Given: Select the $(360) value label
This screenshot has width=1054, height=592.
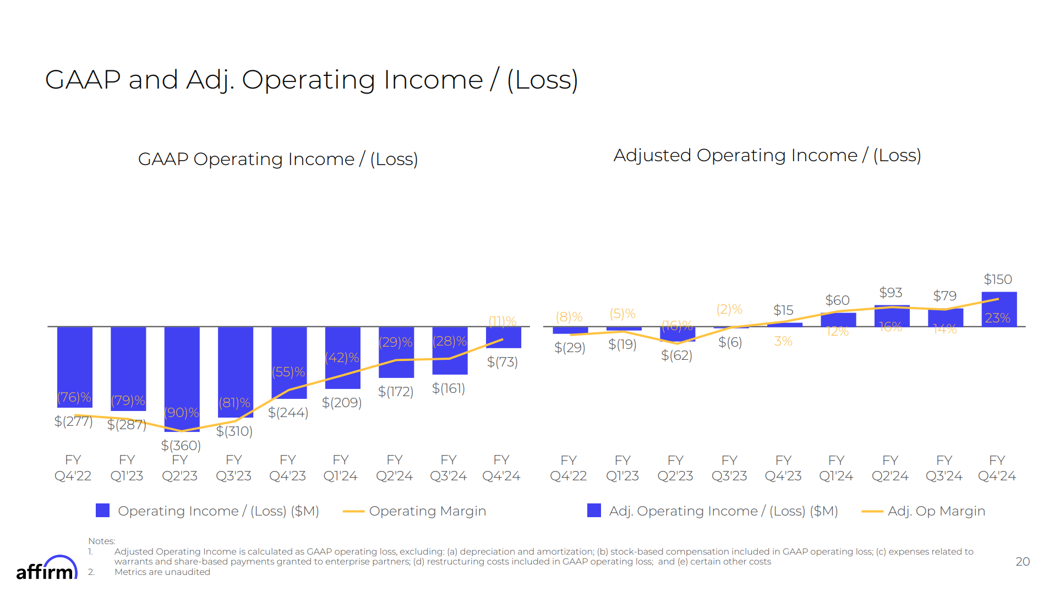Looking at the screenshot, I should [x=181, y=445].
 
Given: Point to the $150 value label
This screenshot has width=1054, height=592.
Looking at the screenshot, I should [x=997, y=279].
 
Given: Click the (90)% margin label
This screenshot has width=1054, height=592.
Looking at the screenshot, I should [x=181, y=413].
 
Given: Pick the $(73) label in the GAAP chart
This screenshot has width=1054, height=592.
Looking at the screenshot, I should [x=502, y=362].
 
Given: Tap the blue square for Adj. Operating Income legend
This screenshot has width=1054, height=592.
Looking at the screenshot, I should [x=594, y=511].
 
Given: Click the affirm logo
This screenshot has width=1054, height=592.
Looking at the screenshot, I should [x=46, y=569].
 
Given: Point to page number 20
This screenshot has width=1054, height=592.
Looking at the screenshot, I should [x=1022, y=562].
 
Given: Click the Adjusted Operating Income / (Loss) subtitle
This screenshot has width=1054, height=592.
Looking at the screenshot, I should [x=767, y=156].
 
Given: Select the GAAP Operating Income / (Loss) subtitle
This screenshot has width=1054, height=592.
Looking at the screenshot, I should [x=278, y=159].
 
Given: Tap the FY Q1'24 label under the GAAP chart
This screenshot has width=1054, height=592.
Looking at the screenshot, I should [x=340, y=468].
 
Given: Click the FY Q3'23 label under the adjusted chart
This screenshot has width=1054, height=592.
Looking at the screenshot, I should [x=729, y=468].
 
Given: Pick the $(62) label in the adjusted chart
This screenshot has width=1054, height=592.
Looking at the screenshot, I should [x=676, y=355].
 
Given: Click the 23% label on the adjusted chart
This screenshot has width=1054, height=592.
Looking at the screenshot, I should [x=997, y=318].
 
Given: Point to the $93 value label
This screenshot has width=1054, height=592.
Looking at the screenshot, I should [x=890, y=293].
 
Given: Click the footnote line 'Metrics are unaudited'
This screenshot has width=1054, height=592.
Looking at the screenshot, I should [x=162, y=572].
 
